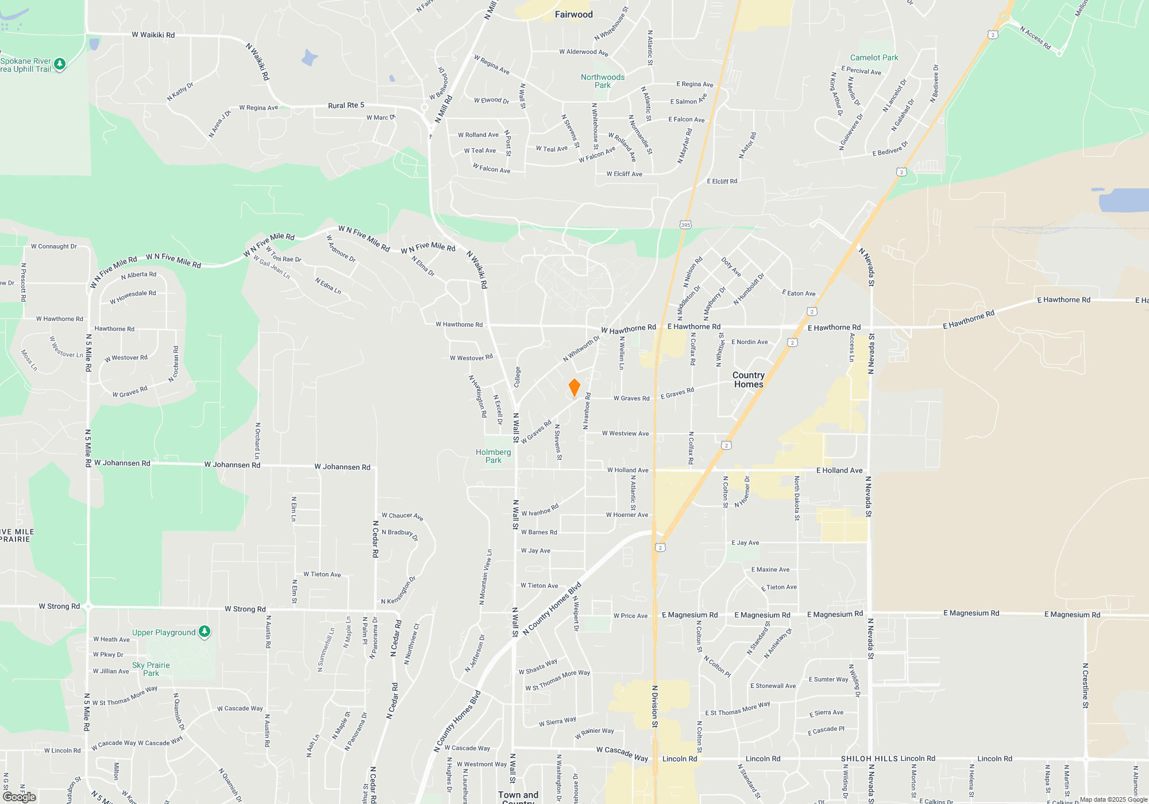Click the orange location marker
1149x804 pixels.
click(574, 388)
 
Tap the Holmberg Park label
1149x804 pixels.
click(493, 456)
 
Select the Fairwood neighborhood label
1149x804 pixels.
click(573, 14)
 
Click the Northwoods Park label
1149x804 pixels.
click(603, 81)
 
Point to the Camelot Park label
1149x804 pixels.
click(874, 57)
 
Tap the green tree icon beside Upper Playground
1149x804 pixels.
click(205, 632)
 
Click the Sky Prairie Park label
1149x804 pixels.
click(151, 669)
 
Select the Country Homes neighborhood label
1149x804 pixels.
click(749, 380)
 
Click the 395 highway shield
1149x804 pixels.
click(685, 225)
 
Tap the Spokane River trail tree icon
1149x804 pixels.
click(60, 64)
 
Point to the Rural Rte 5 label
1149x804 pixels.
click(346, 105)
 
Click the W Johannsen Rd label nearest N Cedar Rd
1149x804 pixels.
click(342, 467)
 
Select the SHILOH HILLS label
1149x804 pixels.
click(869, 759)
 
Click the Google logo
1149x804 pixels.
click(20, 797)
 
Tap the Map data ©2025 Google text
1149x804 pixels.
click(1113, 799)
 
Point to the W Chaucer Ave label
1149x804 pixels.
click(402, 516)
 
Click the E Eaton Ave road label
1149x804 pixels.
click(799, 293)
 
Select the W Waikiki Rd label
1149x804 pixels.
click(153, 34)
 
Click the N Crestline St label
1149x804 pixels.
click(1085, 686)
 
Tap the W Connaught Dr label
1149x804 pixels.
click(54, 246)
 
